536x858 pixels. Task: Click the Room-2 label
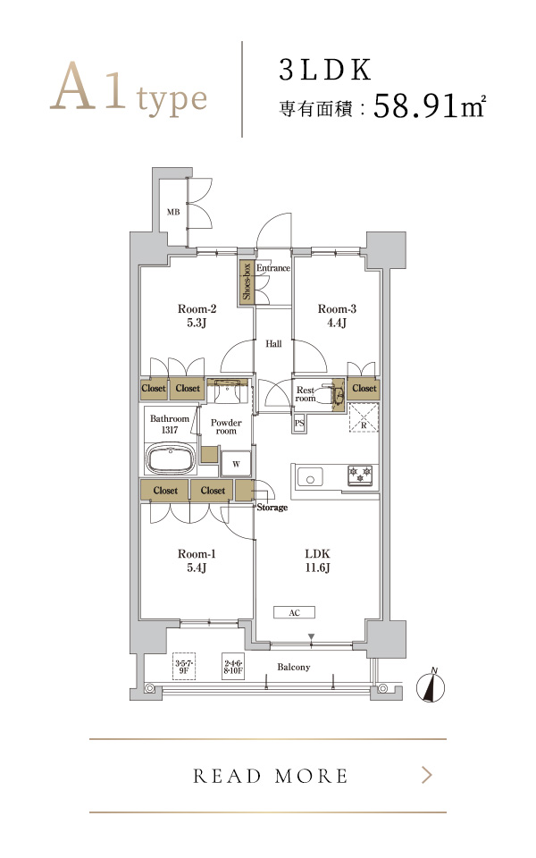pos(197,308)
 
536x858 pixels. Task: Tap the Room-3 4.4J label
pos(337,315)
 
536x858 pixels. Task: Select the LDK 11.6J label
pos(317,560)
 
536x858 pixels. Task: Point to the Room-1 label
pos(197,554)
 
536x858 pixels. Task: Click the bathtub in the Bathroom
pos(171,458)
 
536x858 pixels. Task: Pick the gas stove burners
pos(360,474)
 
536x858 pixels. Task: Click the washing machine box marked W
pos(236,464)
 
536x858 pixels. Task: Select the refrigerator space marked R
pos(364,417)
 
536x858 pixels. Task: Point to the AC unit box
pos(294,612)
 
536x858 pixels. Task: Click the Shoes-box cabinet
pos(247,282)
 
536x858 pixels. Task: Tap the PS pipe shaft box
pos(298,423)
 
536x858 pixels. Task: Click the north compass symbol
pos(431,686)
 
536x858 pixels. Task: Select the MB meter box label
pos(173,212)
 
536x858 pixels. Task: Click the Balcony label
pos(294,667)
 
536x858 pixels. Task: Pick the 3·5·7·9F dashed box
pos(184,666)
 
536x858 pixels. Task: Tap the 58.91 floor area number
pos(415,105)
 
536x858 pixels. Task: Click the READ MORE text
pos(270,776)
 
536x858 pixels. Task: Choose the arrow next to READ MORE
pos(428,775)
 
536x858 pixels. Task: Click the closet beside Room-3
pos(364,389)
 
